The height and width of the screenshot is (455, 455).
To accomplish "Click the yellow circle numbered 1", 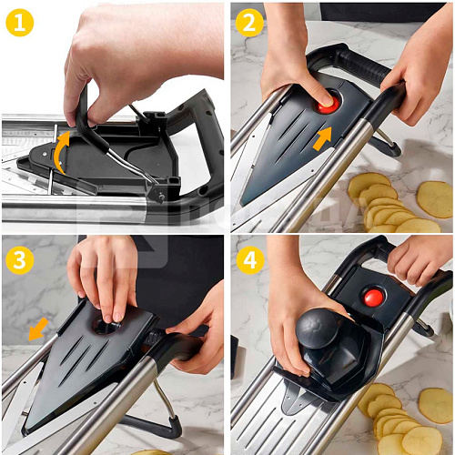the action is (20, 23).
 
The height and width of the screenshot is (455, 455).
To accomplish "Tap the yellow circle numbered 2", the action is (249, 23).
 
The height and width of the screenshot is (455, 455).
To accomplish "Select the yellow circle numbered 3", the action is (20, 260).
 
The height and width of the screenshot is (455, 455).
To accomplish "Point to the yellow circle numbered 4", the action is (250, 260).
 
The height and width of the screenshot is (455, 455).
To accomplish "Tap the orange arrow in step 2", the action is (322, 138).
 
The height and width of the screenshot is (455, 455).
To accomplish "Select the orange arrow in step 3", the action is (38, 329).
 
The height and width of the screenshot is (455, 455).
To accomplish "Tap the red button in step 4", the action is (373, 298).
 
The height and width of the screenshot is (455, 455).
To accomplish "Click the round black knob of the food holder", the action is (318, 329).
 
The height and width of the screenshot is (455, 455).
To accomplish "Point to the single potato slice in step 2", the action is (435, 199).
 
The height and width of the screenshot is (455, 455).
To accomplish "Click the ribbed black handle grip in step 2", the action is (366, 66).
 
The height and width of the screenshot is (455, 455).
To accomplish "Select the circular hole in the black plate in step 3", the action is (106, 327).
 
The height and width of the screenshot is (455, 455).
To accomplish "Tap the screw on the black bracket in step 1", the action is (161, 197).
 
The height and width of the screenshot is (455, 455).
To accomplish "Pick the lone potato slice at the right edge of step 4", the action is (436, 406).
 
